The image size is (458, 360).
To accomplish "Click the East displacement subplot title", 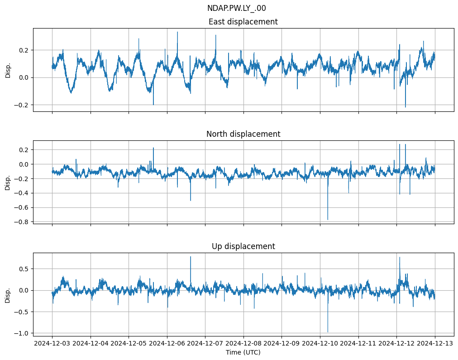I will coord(243,22).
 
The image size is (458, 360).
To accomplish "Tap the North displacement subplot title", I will coord(243,134).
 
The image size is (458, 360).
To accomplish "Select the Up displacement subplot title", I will coord(243,246).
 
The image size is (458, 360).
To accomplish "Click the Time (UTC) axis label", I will coord(243,352).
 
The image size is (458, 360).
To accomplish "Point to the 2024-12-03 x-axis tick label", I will coord(52,343).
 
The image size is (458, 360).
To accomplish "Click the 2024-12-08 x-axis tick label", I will coord(243,343).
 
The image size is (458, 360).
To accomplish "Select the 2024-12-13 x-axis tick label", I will coord(435,343).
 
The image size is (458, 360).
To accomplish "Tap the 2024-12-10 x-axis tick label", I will coord(320,343).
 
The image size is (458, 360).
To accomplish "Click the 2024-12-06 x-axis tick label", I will coord(167,343).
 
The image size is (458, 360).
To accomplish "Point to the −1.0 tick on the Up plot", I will coord(23,333).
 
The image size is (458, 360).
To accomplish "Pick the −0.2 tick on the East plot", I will coord(23,105).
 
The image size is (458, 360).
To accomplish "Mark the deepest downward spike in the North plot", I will coord(328,220).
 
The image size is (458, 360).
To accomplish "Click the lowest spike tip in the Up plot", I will coord(328,332).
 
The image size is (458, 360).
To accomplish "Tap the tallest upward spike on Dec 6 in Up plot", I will coord(191,257).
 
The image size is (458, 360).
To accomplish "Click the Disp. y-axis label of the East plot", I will coord(8,70).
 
